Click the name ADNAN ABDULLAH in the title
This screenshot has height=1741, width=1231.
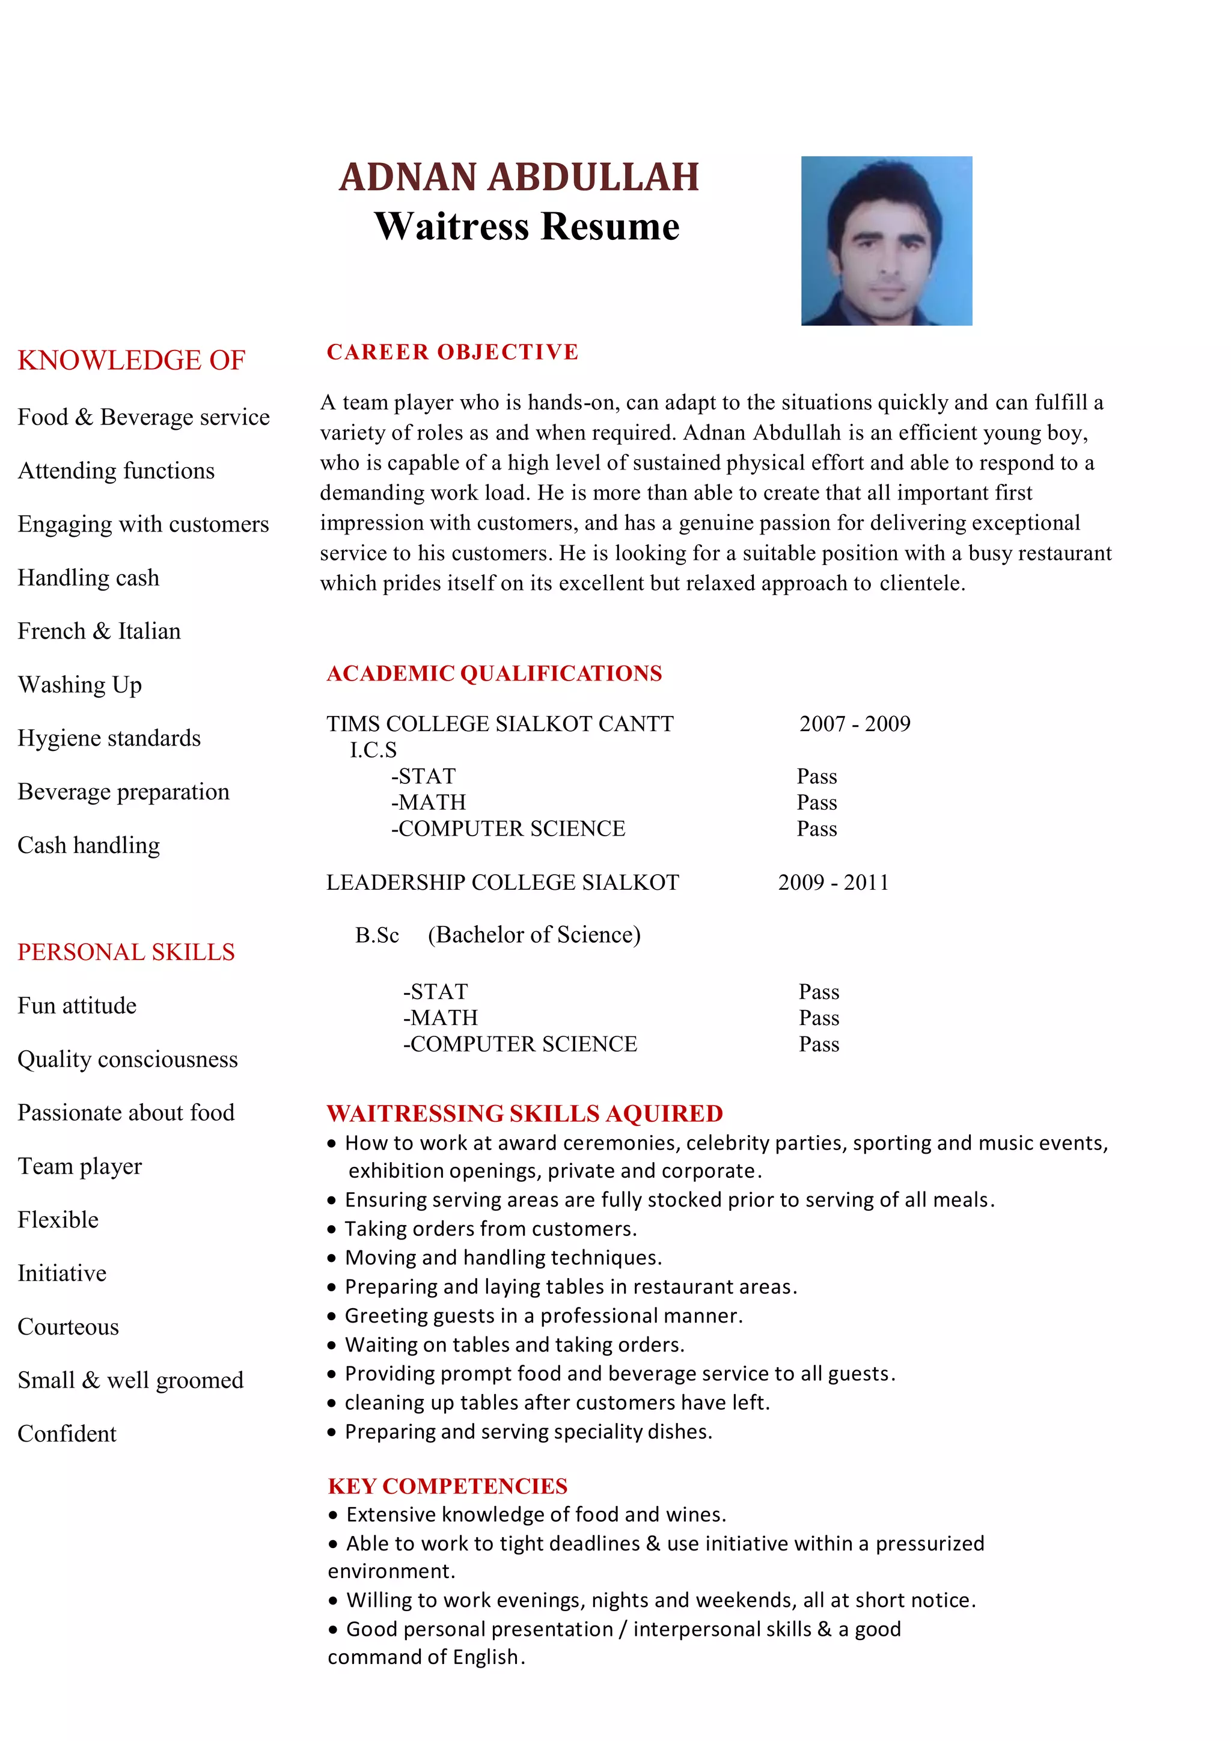tap(519, 177)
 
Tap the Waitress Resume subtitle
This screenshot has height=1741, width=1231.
tap(527, 227)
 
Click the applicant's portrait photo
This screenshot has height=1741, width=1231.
tap(886, 240)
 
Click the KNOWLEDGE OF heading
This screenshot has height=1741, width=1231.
tap(131, 360)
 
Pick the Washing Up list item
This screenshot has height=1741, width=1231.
tap(79, 685)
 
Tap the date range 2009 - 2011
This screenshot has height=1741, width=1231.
tap(833, 882)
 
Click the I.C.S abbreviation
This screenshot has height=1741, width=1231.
tap(373, 750)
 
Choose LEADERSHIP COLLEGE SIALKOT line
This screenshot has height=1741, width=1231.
tap(502, 882)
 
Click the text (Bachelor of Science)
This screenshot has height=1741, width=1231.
tap(534, 934)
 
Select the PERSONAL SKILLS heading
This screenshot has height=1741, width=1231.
tap(126, 952)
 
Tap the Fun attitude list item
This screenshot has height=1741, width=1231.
tap(78, 1006)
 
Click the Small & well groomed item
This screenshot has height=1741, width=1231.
tap(130, 1380)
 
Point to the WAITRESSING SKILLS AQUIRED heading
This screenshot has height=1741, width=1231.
tap(525, 1113)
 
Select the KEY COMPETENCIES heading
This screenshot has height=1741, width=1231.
tap(447, 1486)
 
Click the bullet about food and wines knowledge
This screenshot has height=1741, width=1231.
tap(535, 1514)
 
